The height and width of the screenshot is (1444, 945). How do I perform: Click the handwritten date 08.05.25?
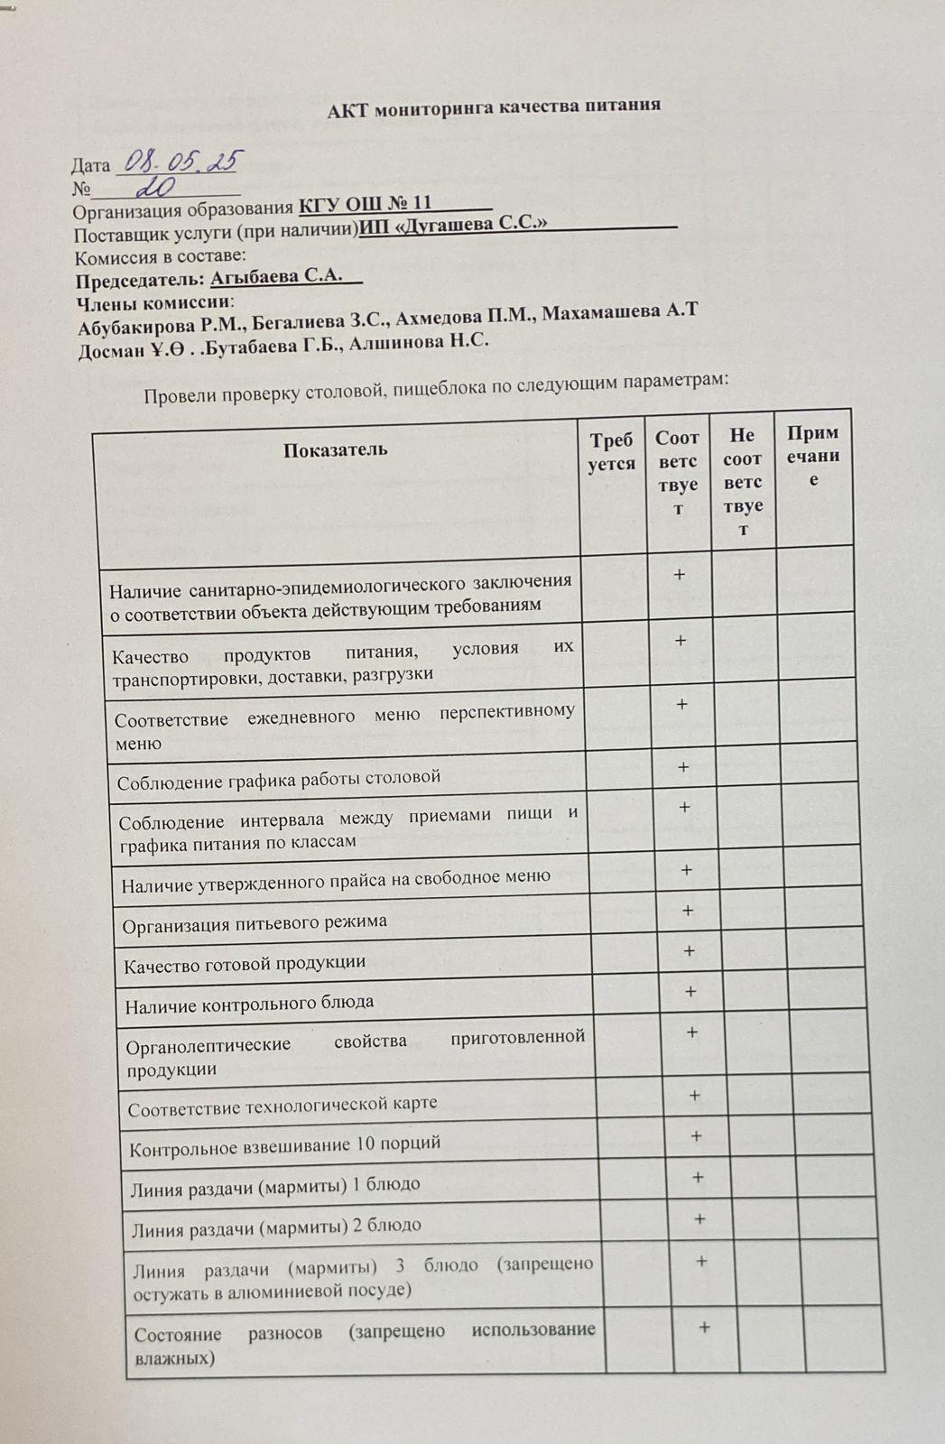coord(180,162)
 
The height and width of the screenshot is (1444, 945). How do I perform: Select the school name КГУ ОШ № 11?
coord(366,203)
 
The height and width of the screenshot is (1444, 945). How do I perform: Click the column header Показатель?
coord(336,449)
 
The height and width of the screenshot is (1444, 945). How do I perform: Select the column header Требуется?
coord(611,451)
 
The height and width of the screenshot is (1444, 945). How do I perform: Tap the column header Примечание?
coord(812,456)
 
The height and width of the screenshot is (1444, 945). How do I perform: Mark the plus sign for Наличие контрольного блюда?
coord(690,991)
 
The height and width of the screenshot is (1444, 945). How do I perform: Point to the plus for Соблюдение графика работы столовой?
coord(683,767)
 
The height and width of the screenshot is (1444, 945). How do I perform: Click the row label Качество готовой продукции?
coord(244,964)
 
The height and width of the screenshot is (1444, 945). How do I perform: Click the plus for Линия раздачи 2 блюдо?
coord(699,1219)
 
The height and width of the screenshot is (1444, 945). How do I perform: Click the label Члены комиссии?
coord(153,302)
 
